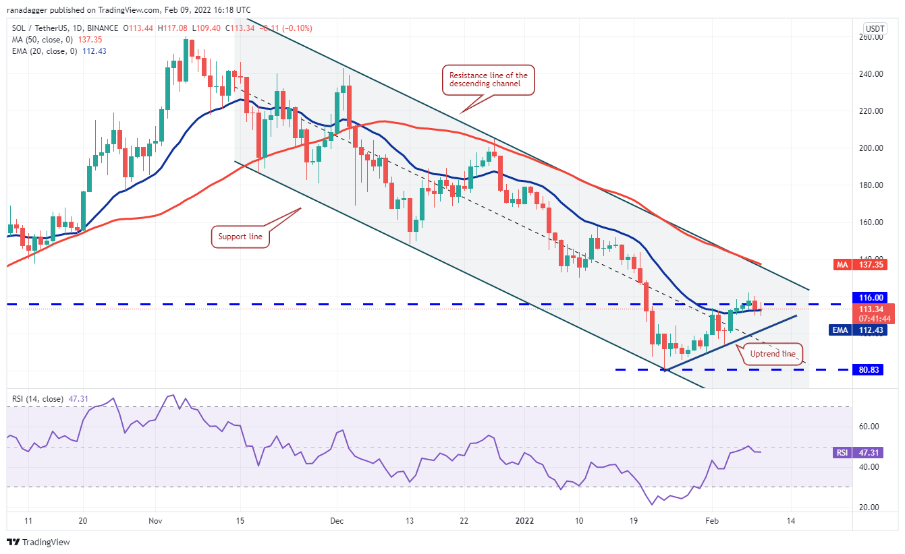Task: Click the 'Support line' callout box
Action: click(x=240, y=237)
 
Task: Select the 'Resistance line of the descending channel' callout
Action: click(x=488, y=80)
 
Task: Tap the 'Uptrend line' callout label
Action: click(x=773, y=354)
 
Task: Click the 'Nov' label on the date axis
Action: click(x=155, y=521)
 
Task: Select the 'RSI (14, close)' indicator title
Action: click(x=38, y=399)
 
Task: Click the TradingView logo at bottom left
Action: click(x=38, y=542)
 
